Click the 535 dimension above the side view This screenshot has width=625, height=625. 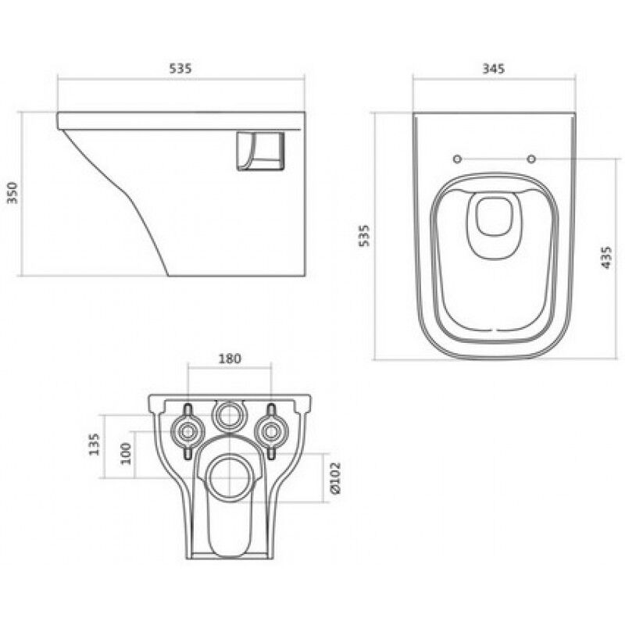pyautogui.click(x=180, y=69)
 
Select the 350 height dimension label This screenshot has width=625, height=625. pyautogui.click(x=12, y=193)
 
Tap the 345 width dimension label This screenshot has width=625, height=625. pyautogui.click(x=494, y=69)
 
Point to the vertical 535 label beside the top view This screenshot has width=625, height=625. pyautogui.click(x=364, y=236)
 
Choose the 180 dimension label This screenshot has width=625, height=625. pyautogui.click(x=230, y=359)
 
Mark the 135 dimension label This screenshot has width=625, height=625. pyautogui.click(x=94, y=445)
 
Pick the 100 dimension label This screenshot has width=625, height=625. pyautogui.click(x=126, y=454)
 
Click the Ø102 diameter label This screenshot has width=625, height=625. pyautogui.click(x=336, y=478)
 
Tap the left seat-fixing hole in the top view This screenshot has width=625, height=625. pyautogui.click(x=457, y=159)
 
